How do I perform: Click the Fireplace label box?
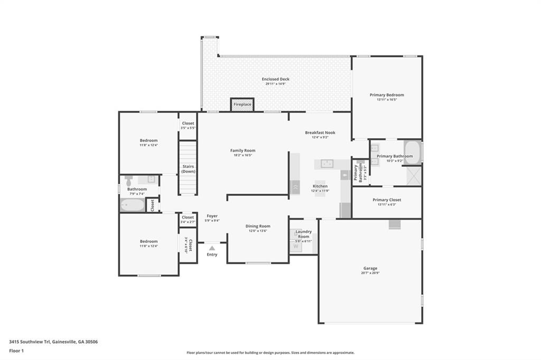[x=242, y=105]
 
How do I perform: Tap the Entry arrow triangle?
[x=212, y=248]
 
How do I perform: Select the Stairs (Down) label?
[x=188, y=169]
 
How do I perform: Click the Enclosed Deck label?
[x=275, y=79]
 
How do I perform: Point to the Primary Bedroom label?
[x=387, y=95]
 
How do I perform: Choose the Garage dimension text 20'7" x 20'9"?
[x=370, y=273]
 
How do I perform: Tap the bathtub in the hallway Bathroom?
[x=132, y=205]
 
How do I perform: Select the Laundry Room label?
[x=303, y=233]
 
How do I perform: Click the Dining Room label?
[x=258, y=226]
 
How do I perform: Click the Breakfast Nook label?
[x=320, y=132]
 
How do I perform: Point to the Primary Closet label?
[x=387, y=200]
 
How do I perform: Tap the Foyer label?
[x=212, y=216]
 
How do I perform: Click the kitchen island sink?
[x=328, y=163]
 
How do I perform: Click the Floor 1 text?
[x=16, y=350]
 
